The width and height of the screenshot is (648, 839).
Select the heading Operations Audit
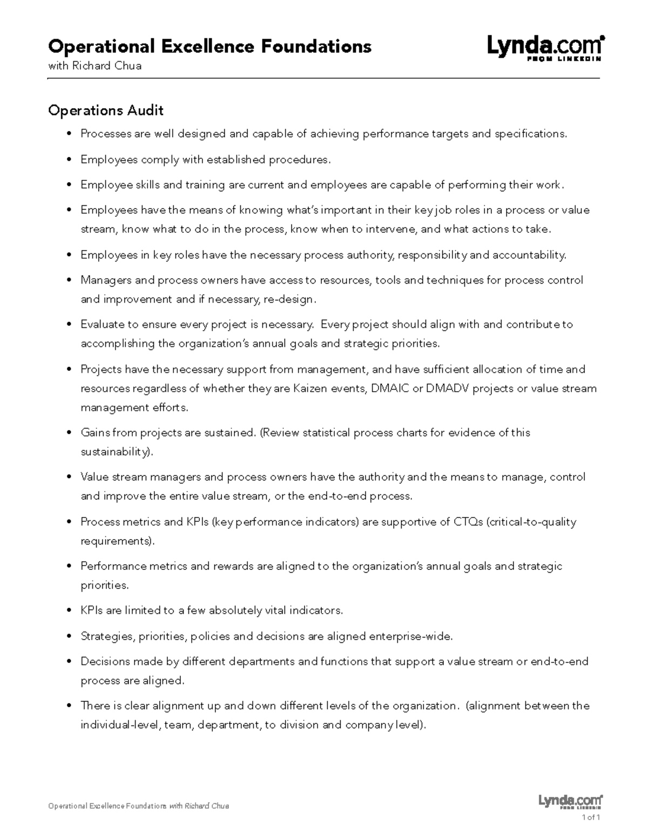106,111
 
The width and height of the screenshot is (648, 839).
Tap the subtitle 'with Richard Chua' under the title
94,66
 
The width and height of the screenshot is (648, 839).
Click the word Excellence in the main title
208,46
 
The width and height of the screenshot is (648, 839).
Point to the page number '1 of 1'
591,817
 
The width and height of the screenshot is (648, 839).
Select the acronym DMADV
448,388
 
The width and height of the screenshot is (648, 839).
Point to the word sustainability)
117,452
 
